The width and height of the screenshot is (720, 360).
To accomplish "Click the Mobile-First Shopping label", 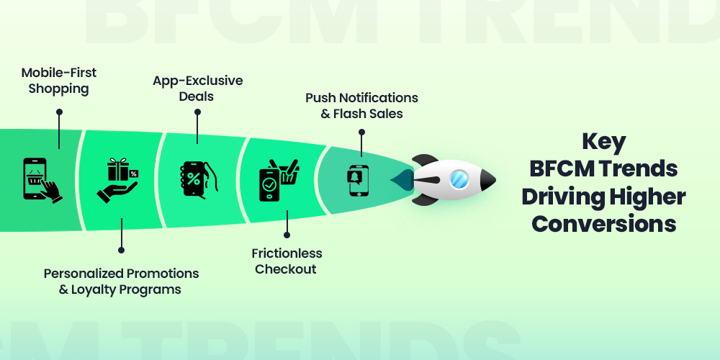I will (x=58, y=81).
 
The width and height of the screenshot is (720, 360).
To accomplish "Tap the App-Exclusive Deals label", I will (x=197, y=88).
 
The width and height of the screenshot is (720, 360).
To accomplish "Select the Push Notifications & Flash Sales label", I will (x=361, y=105).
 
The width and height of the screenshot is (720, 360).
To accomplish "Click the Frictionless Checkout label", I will (x=287, y=261).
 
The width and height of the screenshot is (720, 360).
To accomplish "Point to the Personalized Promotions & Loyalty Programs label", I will (x=121, y=282).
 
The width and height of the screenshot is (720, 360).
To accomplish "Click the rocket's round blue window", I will (x=459, y=180).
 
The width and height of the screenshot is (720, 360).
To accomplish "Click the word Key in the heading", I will (x=604, y=140).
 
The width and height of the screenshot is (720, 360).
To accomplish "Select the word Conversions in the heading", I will (x=604, y=223).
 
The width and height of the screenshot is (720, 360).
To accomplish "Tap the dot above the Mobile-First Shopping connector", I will (x=59, y=112).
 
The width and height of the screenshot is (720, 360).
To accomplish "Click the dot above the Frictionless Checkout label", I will (x=287, y=234).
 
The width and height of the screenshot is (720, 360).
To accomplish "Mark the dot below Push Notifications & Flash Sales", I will (x=361, y=132).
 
